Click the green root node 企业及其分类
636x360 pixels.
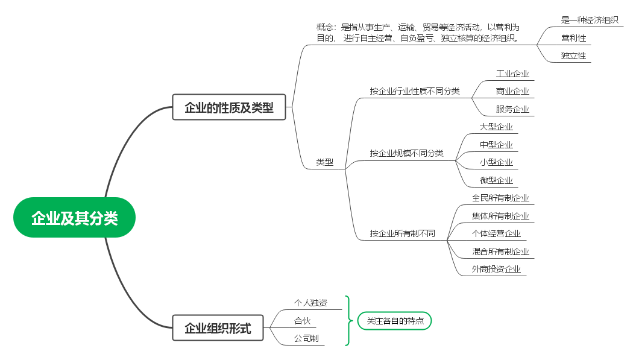pyautogui.click(x=74, y=218)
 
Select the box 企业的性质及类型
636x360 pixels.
pyautogui.click(x=228, y=107)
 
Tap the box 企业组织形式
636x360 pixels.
pyautogui.click(x=217, y=329)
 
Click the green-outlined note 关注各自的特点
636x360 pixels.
pyautogui.click(x=395, y=321)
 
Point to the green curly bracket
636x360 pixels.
pyautogui.click(x=348, y=321)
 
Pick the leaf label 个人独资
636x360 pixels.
pyautogui.click(x=310, y=303)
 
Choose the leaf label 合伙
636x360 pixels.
pyautogui.click(x=302, y=321)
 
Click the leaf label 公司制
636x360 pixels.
pyautogui.click(x=306, y=338)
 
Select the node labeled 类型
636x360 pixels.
pyautogui.click(x=324, y=162)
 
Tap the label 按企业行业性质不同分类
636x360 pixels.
pyautogui.click(x=415, y=91)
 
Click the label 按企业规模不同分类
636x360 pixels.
pyautogui.click(x=406, y=153)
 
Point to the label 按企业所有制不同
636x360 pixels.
pyautogui.click(x=402, y=233)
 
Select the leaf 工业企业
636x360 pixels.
pyautogui.click(x=512, y=74)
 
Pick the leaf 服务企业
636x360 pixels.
pyautogui.click(x=512, y=109)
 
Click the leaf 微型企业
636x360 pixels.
pyautogui.click(x=496, y=180)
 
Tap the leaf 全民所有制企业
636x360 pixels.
pyautogui.click(x=500, y=198)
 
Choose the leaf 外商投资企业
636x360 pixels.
pyautogui.click(x=496, y=269)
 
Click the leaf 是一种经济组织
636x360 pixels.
pyautogui.click(x=590, y=20)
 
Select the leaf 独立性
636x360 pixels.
pyautogui.click(x=573, y=55)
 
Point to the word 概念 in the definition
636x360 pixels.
pyautogui.click(x=325, y=27)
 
